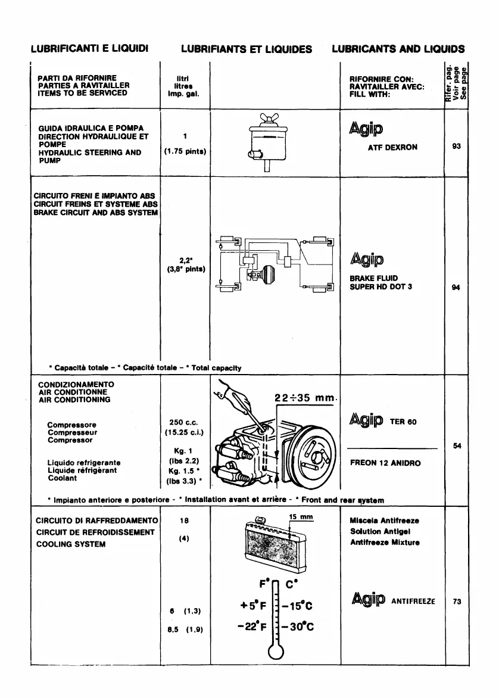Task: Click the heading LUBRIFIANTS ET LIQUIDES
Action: (x=247, y=49)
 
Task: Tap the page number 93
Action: (x=457, y=147)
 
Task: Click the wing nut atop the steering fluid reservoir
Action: (x=267, y=120)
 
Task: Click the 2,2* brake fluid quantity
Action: (x=185, y=260)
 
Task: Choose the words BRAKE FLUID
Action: (x=374, y=278)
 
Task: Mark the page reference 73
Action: (x=457, y=602)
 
